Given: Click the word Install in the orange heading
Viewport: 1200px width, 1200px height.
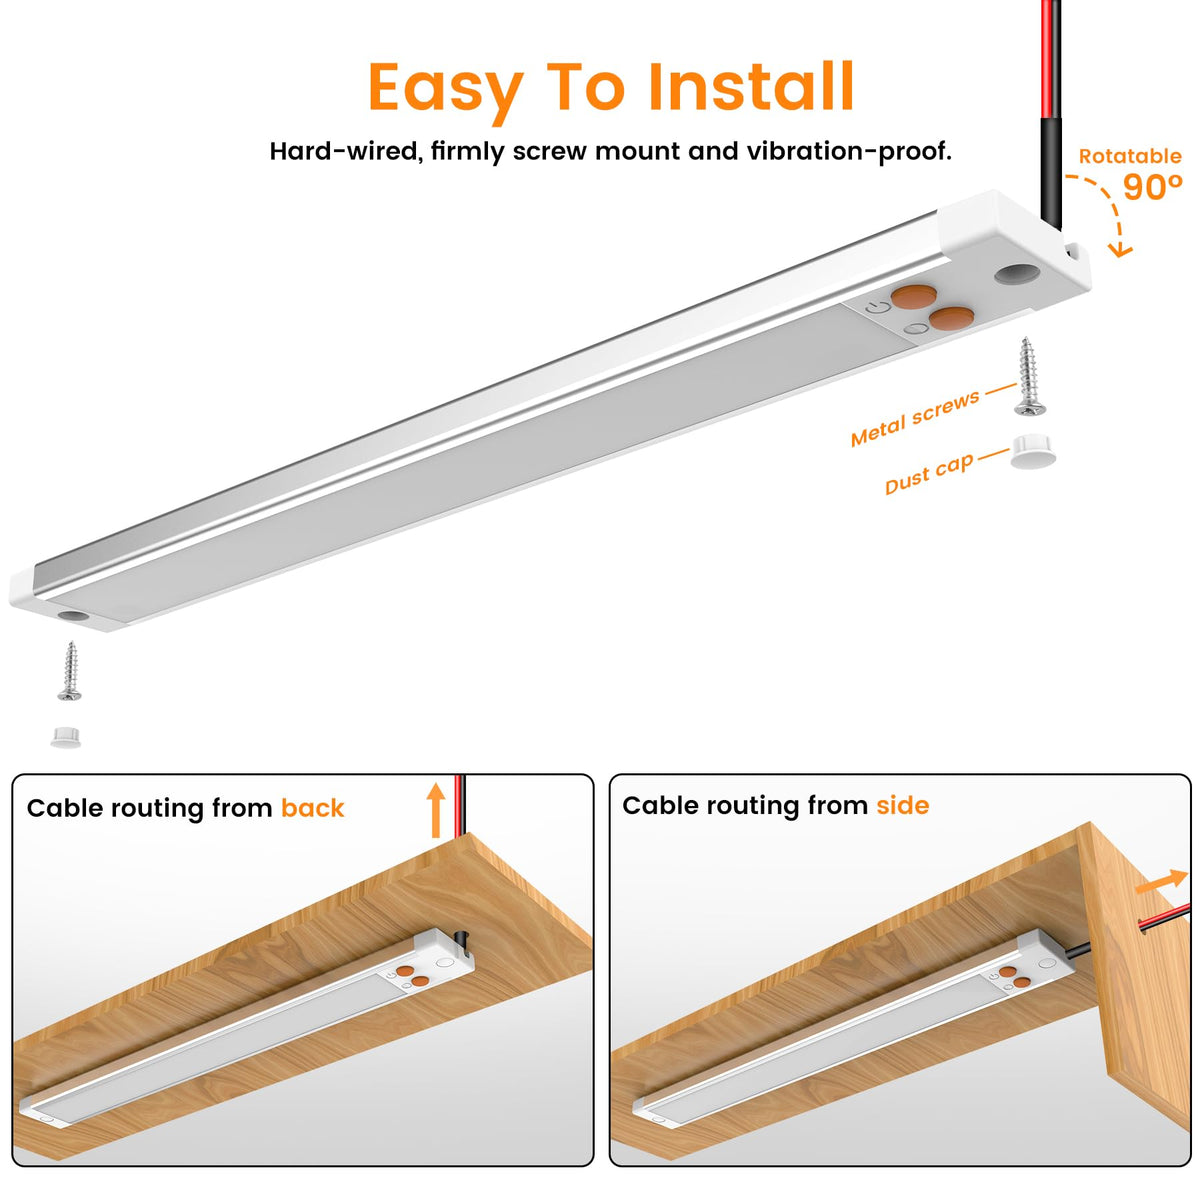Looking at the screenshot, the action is pos(750,87).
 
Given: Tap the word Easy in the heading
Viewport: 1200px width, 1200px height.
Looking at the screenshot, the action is pos(446,92).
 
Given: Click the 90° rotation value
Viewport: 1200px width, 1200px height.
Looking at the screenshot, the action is pos(1151,186).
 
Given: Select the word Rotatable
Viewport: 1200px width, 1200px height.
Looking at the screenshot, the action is pos(1129,156).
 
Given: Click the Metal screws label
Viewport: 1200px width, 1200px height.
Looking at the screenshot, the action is pos(914,418).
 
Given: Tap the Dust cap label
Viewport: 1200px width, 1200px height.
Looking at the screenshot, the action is pos(928,474).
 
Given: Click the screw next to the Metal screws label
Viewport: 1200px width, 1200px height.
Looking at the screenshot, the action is pos(1029,376).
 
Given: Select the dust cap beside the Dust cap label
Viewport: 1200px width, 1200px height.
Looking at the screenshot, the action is pos(1033,451).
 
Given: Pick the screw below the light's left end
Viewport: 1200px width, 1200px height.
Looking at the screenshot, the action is pos(70,671).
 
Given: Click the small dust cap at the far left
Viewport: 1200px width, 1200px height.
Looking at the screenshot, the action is pos(65,737).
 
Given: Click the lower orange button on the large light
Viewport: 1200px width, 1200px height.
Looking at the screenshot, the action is pos(951,318).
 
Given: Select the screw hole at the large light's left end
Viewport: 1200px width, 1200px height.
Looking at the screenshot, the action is pos(74,616).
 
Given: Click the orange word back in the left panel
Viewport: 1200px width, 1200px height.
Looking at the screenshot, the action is pos(313,808).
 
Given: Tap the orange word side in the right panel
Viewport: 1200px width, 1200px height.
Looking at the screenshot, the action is pos(902,805).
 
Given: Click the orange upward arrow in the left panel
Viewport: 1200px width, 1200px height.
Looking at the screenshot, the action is pos(436,810).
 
